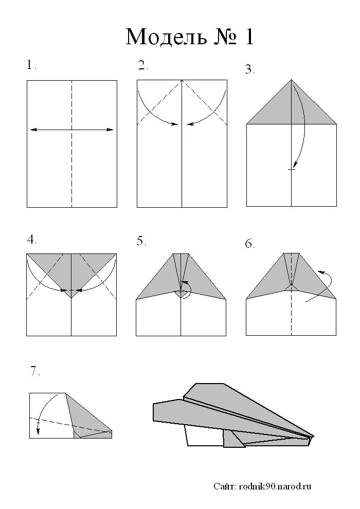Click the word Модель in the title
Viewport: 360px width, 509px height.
point(166,37)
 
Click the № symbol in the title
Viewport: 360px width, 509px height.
point(225,37)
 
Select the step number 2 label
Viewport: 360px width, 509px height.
point(143,65)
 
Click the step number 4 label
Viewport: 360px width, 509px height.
point(32,240)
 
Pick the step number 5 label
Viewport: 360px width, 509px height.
point(141,241)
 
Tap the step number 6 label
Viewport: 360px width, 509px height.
point(250,244)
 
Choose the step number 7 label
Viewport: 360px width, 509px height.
point(35,371)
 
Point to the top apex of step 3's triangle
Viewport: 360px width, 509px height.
point(291,80)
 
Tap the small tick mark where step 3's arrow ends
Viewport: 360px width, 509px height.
point(292,169)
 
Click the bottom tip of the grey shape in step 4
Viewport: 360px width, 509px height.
point(71,298)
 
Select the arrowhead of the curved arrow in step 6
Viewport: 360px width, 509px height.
point(320,272)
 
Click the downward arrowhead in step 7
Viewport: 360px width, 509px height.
point(38,431)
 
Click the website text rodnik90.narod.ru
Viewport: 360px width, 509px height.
point(275,486)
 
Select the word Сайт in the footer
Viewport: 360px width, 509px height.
point(225,486)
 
